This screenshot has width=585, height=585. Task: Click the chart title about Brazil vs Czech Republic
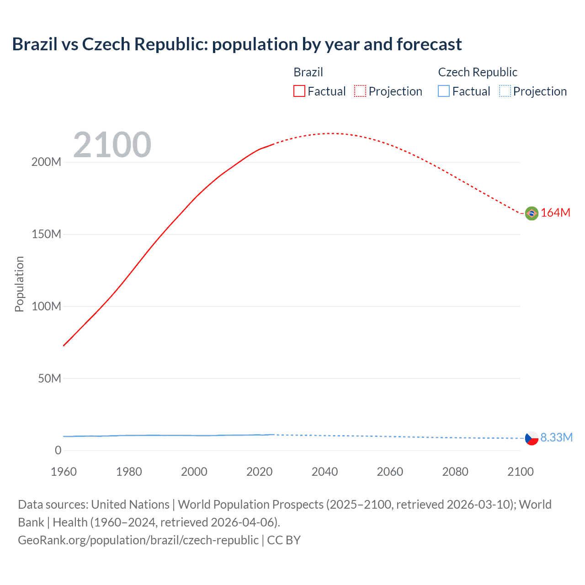(x=237, y=44)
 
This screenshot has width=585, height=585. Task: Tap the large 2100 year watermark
(x=112, y=145)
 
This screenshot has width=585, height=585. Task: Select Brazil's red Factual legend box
(x=299, y=91)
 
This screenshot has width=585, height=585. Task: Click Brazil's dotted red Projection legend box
(x=360, y=91)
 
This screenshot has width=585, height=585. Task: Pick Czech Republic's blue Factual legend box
(x=443, y=91)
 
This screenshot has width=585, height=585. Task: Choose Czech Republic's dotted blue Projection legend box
(x=505, y=91)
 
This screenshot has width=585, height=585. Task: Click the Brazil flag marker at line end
(x=532, y=213)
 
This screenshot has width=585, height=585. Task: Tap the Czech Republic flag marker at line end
(x=532, y=438)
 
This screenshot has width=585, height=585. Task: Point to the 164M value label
(x=555, y=213)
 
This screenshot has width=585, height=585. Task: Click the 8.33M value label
(x=556, y=438)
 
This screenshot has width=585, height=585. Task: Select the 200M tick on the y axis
(x=46, y=162)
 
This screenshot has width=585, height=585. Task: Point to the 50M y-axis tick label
(x=49, y=378)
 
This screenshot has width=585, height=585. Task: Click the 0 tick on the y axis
(x=58, y=451)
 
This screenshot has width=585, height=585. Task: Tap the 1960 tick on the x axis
(x=64, y=472)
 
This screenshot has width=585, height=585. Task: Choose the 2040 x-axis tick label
(x=324, y=472)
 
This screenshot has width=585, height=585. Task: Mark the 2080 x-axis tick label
(x=455, y=472)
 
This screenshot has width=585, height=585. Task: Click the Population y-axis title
(x=19, y=284)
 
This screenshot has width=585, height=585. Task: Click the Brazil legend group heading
(x=308, y=72)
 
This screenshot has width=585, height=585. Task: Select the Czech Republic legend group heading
(x=478, y=72)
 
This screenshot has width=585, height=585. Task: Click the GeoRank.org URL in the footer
(x=138, y=540)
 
